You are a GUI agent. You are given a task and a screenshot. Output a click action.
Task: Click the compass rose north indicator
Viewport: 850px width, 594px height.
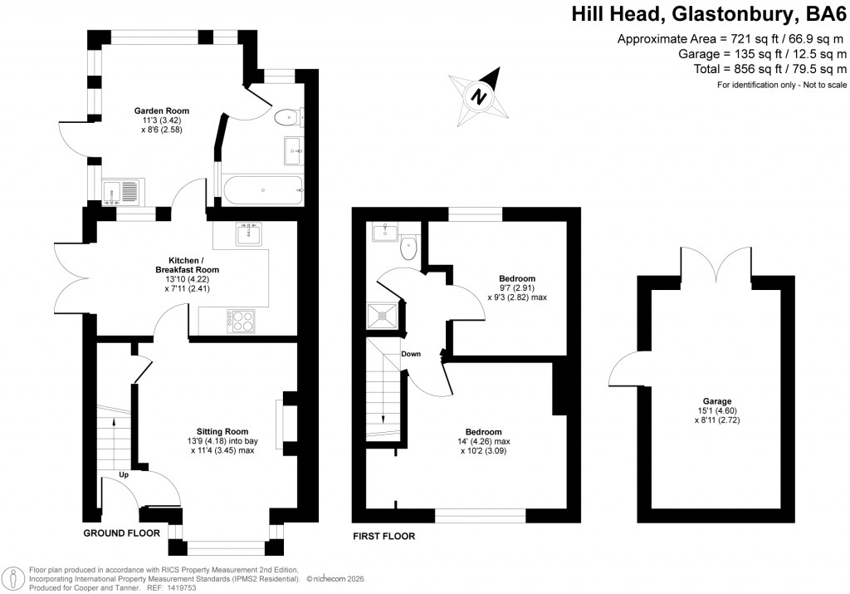tap(478, 96)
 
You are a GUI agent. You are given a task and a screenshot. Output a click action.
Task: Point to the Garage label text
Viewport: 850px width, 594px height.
tap(715, 400)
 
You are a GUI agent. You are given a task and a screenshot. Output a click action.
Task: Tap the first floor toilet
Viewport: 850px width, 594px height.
tap(409, 248)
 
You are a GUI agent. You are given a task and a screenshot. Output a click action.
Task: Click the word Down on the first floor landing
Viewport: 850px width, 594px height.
tap(411, 354)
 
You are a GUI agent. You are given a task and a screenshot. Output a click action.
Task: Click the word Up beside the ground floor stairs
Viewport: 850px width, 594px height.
tap(123, 475)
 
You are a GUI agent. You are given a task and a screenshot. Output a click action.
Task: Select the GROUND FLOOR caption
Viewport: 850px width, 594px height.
tap(121, 533)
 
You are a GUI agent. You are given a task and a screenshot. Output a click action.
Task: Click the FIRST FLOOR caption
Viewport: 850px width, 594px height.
tap(383, 537)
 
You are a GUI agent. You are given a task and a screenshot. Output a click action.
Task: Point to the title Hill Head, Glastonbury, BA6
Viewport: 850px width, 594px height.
tap(709, 14)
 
